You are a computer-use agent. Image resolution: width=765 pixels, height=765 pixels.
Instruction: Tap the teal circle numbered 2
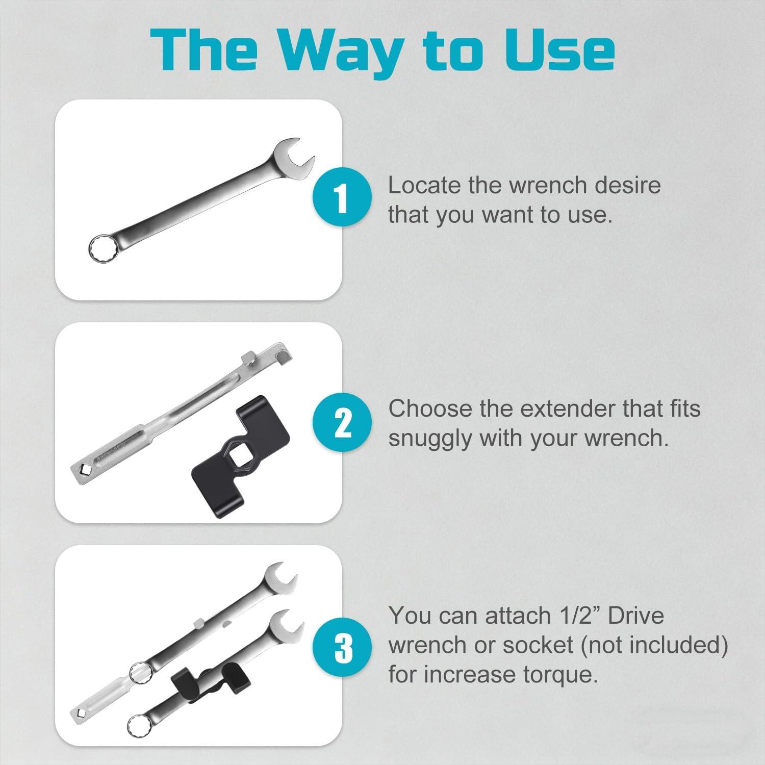pos(341,422)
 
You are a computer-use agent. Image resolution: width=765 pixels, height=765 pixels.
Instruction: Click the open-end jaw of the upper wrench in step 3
pos(278,576)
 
